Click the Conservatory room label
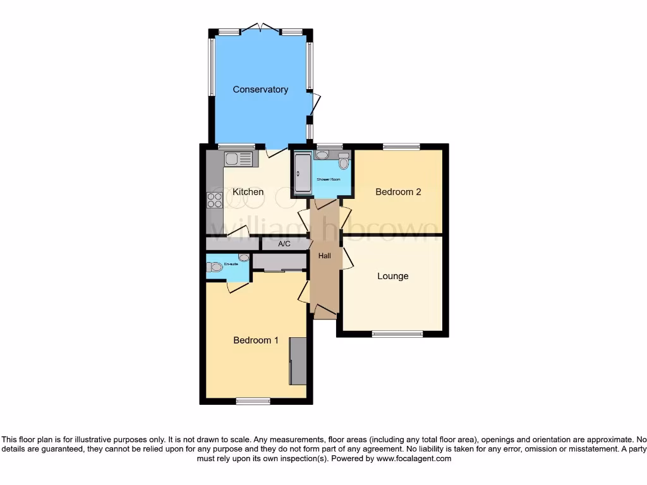260,90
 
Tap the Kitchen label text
248,192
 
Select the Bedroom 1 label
256,340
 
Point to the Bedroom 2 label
398,192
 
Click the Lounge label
393,276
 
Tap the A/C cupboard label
284,244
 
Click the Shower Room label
328,180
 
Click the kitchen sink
238,159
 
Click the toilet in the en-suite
216,268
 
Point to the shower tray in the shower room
301,172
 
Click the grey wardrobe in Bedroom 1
298,361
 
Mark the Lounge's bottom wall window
397,333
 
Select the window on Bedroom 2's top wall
401,147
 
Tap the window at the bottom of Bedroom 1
253,400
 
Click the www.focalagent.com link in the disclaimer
413,459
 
